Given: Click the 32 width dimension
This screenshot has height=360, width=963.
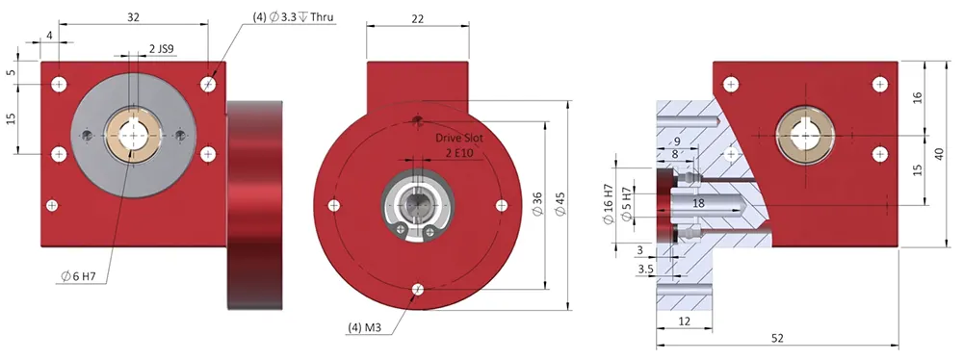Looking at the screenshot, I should pyautogui.click(x=133, y=16).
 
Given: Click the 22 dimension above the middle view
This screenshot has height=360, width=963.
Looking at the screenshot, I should pyautogui.click(x=417, y=17).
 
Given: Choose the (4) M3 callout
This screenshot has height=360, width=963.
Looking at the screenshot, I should pyautogui.click(x=366, y=327).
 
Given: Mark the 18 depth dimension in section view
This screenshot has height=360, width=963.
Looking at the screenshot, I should pyautogui.click(x=698, y=203).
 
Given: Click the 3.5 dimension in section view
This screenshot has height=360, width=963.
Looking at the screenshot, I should pyautogui.click(x=644, y=270).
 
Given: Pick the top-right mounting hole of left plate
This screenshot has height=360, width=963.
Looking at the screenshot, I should pyautogui.click(x=209, y=84).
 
